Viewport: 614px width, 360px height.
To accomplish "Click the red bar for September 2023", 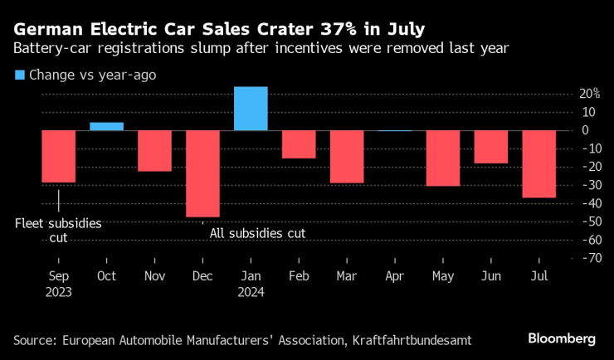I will click(59, 156).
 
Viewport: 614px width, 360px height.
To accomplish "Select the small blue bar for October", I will click(107, 126).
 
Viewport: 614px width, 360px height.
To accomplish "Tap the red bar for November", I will click(155, 151).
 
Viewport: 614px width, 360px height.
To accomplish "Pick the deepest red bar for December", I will click(202, 173).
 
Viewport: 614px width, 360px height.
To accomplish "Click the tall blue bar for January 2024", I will click(251, 109).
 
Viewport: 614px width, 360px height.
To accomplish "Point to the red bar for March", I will click(347, 157).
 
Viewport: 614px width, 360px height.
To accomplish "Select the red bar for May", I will click(443, 158).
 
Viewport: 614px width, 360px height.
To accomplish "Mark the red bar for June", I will click(491, 147).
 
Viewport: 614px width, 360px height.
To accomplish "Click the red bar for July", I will click(539, 164).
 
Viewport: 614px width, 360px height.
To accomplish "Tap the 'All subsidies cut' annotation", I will click(257, 234).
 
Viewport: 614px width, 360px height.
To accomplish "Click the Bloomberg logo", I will click(562, 338).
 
